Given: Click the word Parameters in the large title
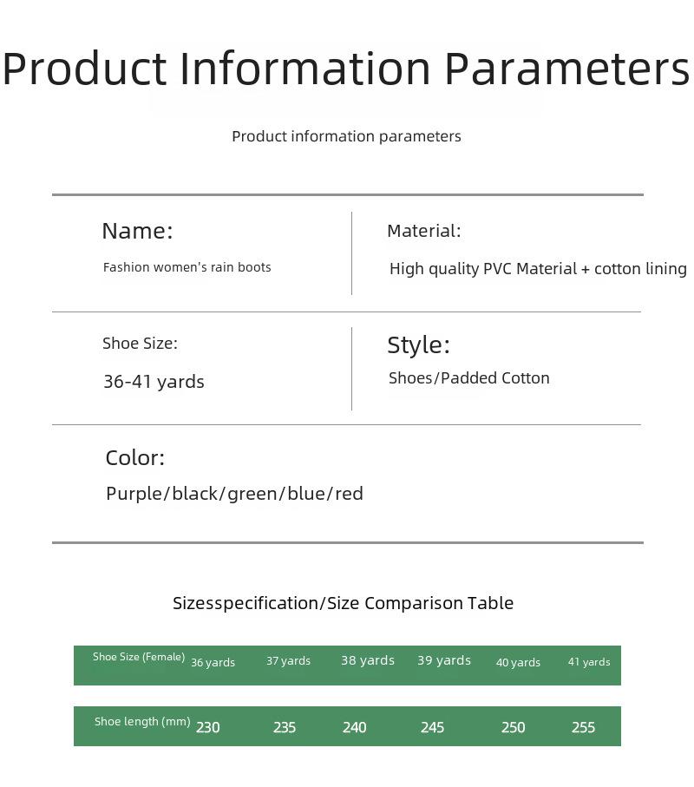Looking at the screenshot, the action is (567, 69).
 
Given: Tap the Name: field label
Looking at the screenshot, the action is (137, 231).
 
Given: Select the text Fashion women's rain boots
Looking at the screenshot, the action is (187, 267).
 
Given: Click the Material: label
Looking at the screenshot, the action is (423, 231).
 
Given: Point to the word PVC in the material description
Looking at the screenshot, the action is (498, 268).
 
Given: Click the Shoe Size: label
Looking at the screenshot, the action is (140, 344).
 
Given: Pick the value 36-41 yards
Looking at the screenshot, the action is (154, 382).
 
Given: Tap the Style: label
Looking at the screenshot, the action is (418, 345).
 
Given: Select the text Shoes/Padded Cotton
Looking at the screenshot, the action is (469, 378).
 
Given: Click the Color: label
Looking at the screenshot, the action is (135, 458).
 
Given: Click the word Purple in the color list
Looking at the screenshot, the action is (134, 494).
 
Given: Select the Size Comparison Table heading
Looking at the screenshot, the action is (420, 603).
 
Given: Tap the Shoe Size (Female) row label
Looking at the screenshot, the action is (139, 657).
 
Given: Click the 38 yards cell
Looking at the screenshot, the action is (368, 660).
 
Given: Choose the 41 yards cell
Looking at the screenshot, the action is (589, 662).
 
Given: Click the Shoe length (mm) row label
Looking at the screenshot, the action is (142, 722).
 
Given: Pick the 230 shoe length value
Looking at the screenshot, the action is (207, 727).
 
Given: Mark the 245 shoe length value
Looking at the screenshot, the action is (433, 727).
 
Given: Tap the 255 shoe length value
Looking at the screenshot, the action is (583, 727).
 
